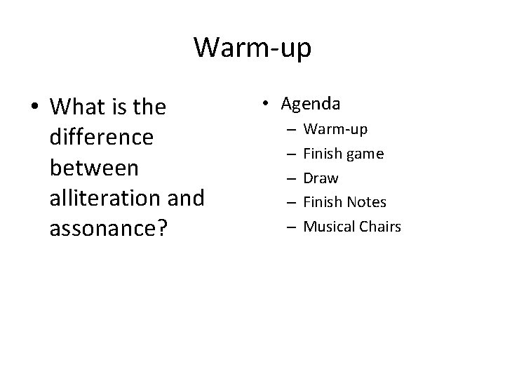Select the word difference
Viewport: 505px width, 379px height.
pos(101,138)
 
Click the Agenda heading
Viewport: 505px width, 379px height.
pos(311,104)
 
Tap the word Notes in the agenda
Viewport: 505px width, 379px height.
pos(367,202)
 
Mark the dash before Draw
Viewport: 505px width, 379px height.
pos(290,178)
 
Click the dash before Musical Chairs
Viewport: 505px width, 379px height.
pos(290,226)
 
